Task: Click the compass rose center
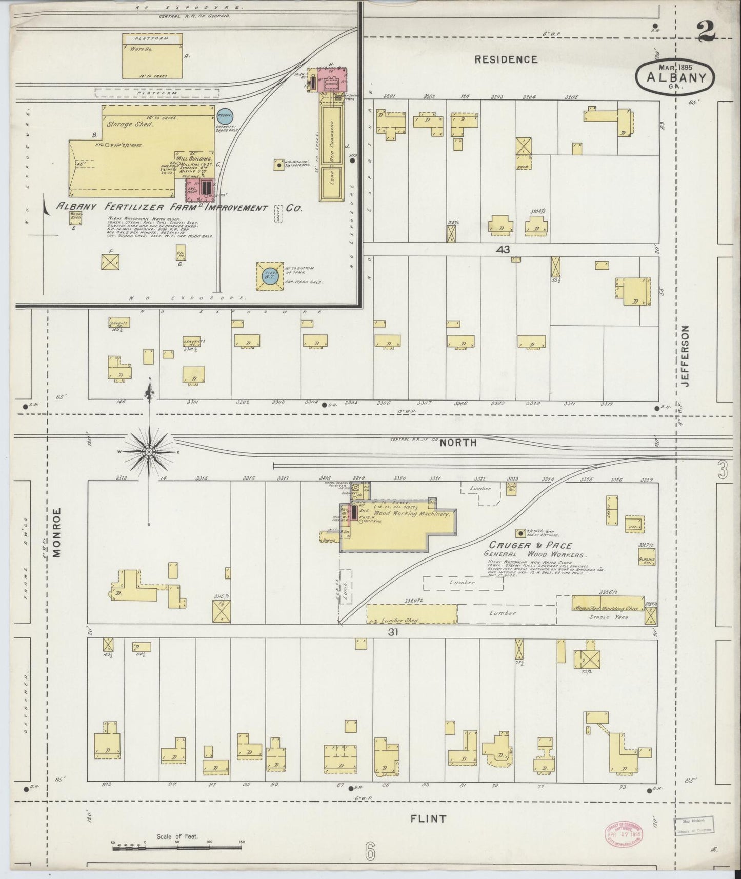click(x=149, y=452)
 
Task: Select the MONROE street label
click(x=56, y=532)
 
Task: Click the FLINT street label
click(x=428, y=819)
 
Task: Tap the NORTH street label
click(x=458, y=443)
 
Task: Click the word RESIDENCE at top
click(x=506, y=59)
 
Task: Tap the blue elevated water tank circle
click(x=271, y=274)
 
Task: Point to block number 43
click(x=503, y=250)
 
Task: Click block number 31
click(x=393, y=632)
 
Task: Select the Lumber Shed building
click(x=412, y=613)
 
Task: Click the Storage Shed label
click(x=130, y=124)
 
